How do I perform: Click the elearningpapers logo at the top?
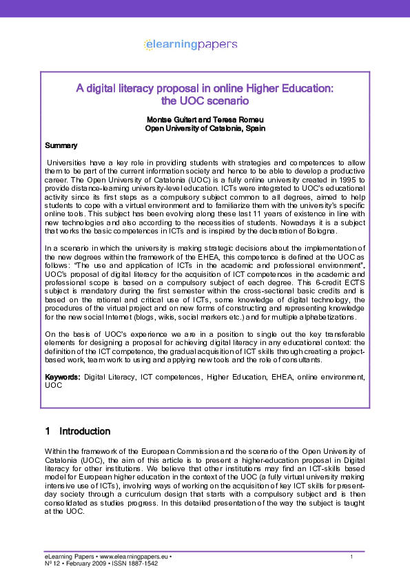(190, 44)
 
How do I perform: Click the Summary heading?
(61, 145)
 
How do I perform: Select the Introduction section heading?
(85, 431)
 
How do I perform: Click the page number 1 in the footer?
(351, 557)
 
